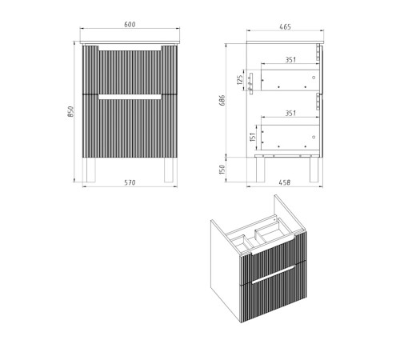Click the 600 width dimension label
click(130, 24)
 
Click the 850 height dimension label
click(70, 111)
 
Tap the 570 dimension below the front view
click(130, 182)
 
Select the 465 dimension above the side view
click(285, 26)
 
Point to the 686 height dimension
click(222, 100)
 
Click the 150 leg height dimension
click(222, 170)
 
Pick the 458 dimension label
click(285, 182)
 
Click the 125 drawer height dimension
click(240, 80)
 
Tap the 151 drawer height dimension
click(253, 137)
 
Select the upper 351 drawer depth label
click(290, 59)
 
